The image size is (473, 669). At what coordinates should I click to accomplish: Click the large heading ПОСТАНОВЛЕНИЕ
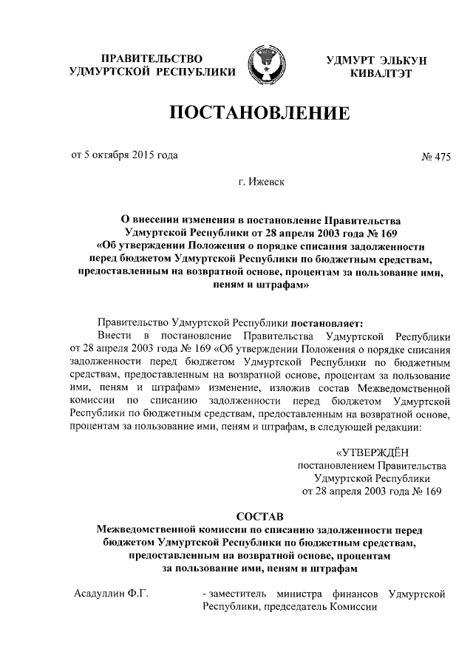tap(259, 114)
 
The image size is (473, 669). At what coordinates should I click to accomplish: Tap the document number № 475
tap(435, 156)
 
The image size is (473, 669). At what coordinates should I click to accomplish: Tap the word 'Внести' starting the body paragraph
tap(115, 336)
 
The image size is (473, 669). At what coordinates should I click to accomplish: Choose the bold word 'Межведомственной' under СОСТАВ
tap(144, 529)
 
